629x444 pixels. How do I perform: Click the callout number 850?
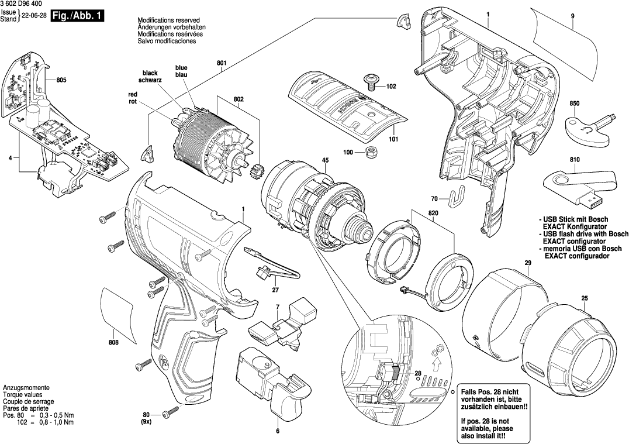[574, 104]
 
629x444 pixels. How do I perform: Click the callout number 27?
[275, 290]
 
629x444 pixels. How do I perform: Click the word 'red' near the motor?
[133, 94]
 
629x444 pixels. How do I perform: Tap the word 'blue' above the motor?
[181, 68]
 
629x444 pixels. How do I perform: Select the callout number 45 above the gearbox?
[325, 161]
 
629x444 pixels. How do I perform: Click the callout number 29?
[527, 263]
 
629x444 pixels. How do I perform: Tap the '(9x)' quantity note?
[146, 422]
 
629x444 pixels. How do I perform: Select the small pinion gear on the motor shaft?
[255, 174]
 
